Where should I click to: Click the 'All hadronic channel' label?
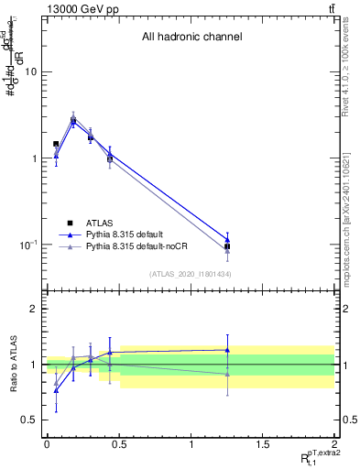[x=191, y=38]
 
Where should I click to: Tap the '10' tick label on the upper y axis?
[x=32, y=71]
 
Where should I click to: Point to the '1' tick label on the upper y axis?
[x=35, y=158]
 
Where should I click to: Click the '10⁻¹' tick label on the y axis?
[x=30, y=245]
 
